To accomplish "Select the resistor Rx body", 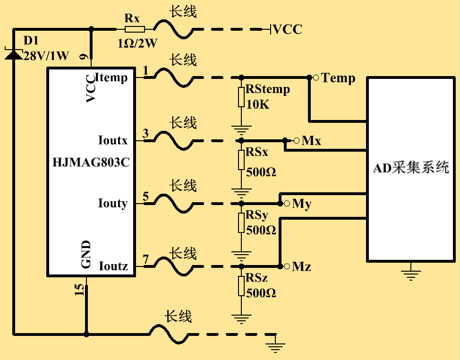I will (132, 29).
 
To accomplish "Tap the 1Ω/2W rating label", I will (137, 43).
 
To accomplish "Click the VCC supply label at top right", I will (288, 29).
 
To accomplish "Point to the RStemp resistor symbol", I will (241, 97).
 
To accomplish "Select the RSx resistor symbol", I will (241, 160).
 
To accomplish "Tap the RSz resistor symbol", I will (241, 286).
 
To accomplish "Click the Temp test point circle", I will (316, 77).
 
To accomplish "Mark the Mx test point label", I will (311, 141).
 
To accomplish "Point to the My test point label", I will (302, 204).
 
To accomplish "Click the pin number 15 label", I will (80, 290).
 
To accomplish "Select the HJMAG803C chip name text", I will (91, 163).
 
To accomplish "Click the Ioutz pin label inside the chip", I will (113, 266).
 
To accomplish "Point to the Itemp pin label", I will (111, 77).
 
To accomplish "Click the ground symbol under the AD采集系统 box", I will (410, 273).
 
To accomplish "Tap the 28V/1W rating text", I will (46, 56).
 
